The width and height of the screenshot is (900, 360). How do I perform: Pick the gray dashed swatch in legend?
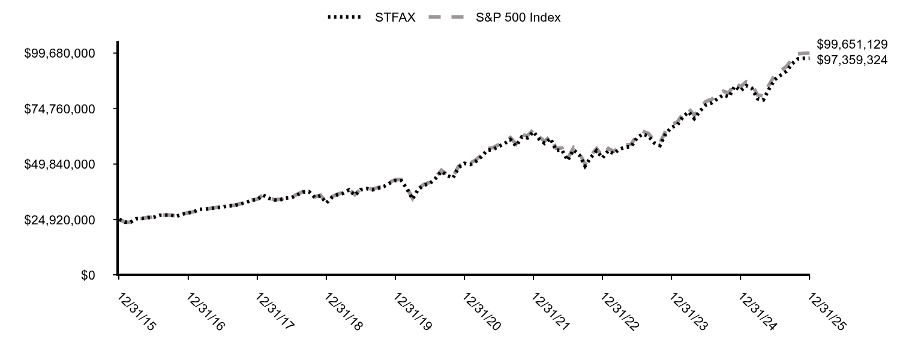pos(446,17)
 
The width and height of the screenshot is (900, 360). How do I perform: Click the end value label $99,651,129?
pos(852,44)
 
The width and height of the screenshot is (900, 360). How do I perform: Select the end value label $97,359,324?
pos(852,60)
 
